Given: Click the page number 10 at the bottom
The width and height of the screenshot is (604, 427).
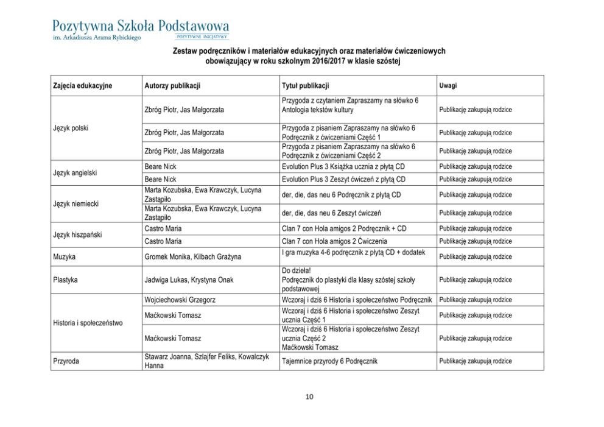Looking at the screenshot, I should [309, 397].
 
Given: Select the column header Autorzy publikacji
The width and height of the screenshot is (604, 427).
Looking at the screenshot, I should [173, 86].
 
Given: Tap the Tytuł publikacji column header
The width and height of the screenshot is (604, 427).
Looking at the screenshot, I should [306, 86].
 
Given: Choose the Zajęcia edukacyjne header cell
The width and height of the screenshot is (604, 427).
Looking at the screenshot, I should [82, 86].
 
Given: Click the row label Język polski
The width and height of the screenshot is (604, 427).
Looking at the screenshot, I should [71, 129].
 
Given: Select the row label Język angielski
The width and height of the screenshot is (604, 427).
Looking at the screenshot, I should [75, 173].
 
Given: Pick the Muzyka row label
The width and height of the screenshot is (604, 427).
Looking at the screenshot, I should [65, 257].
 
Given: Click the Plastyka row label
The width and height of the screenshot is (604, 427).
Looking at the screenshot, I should [66, 280].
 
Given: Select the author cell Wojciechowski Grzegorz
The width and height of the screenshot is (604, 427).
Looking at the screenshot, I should [180, 300].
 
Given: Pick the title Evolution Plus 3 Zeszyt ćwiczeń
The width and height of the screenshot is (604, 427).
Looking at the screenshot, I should [343, 180].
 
